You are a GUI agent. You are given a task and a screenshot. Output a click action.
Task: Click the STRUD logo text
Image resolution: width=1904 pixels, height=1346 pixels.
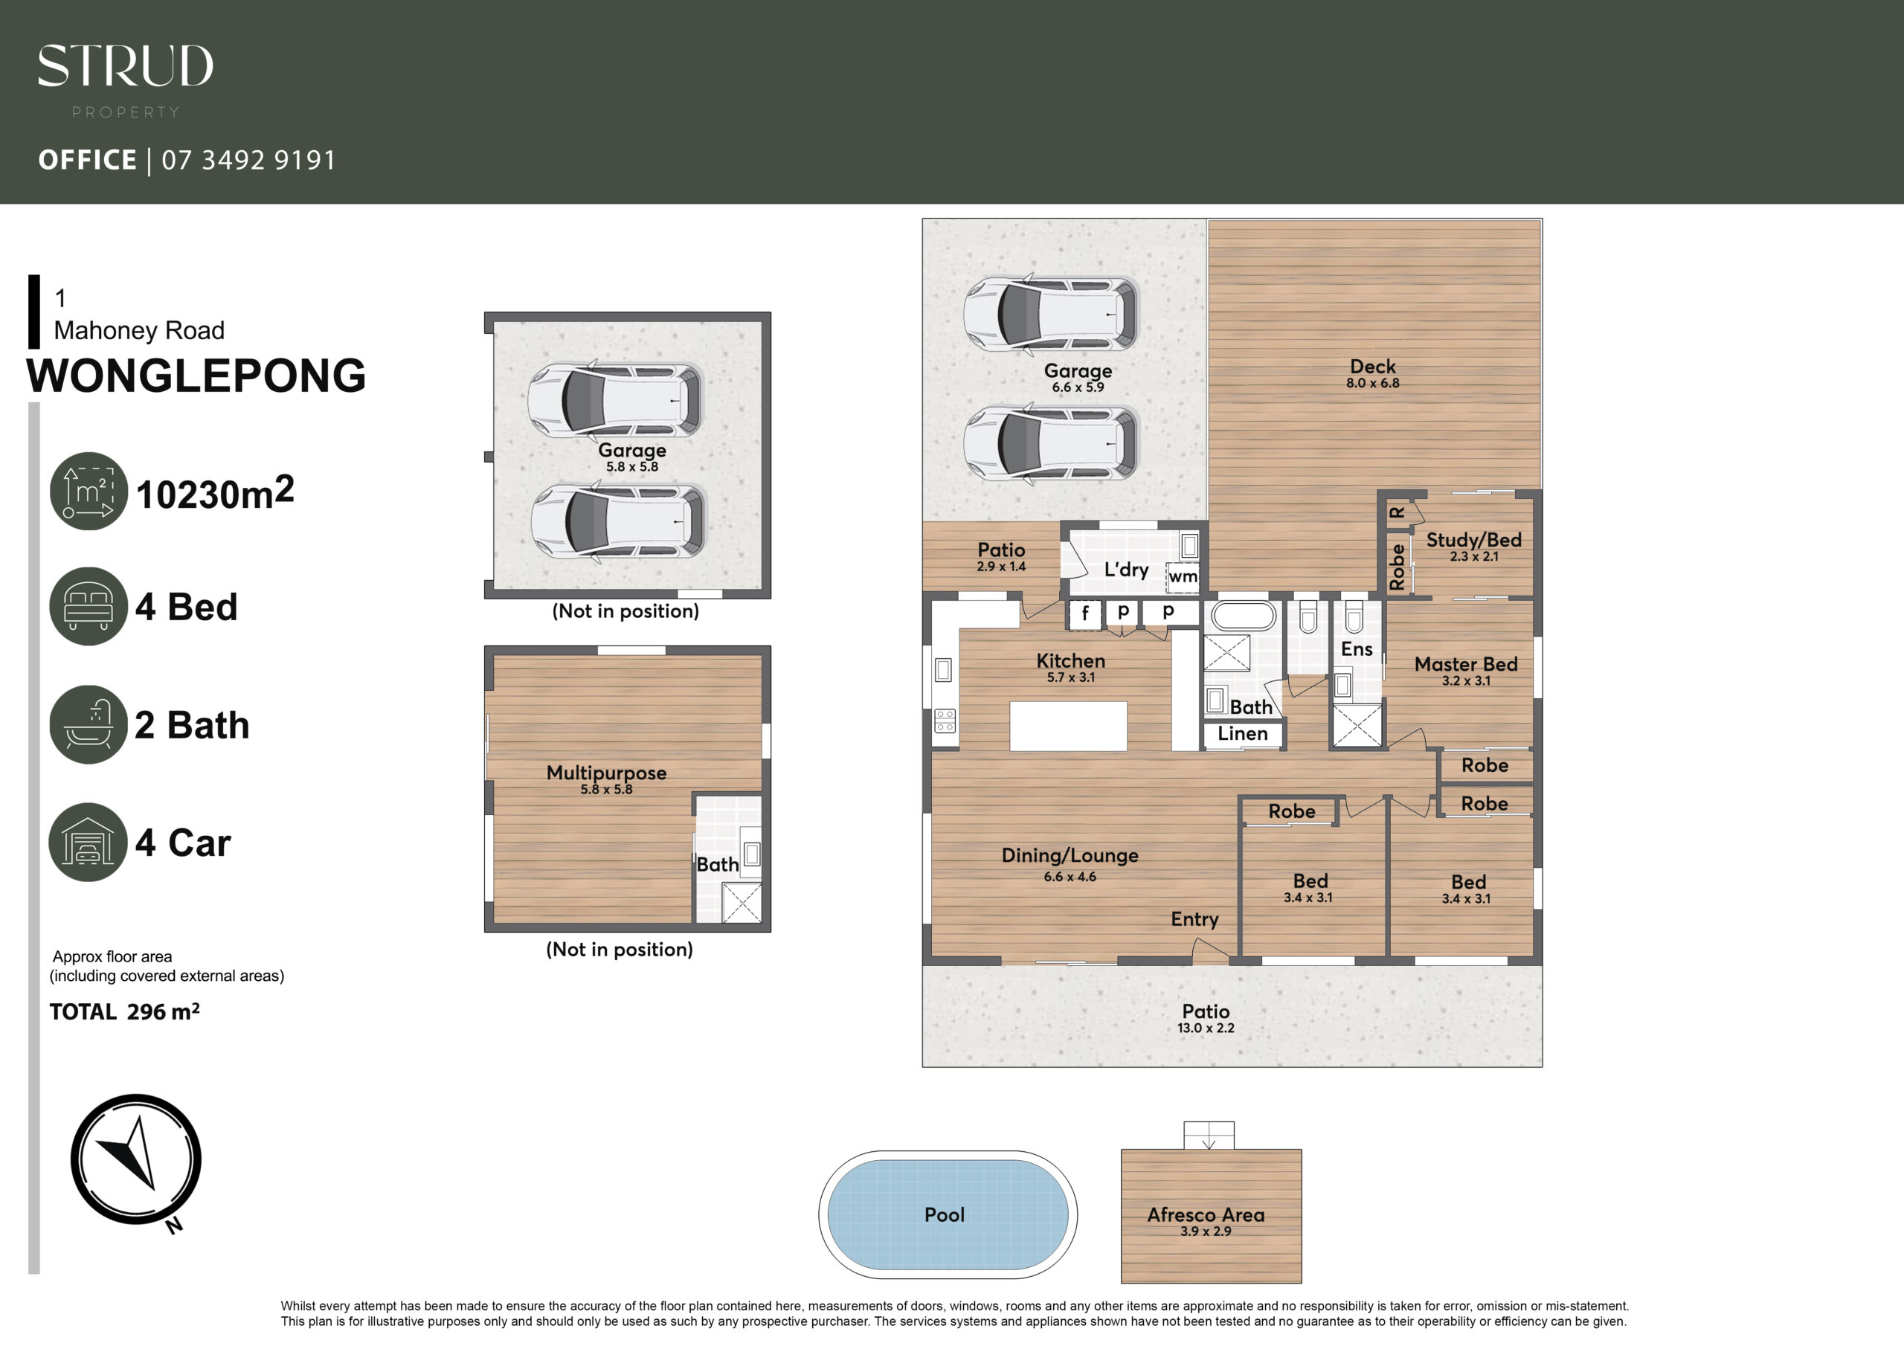click(125, 66)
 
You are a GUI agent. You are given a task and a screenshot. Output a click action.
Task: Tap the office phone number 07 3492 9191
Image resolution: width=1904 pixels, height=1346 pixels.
click(248, 159)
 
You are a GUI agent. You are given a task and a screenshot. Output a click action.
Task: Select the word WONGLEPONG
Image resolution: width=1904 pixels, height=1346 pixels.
click(196, 376)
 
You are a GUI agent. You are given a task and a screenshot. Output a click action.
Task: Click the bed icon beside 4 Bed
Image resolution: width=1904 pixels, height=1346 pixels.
click(89, 605)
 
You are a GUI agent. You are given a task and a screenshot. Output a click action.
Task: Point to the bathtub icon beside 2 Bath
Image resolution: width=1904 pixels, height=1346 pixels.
click(89, 724)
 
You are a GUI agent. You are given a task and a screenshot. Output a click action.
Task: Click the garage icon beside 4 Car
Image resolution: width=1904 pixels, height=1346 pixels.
click(89, 842)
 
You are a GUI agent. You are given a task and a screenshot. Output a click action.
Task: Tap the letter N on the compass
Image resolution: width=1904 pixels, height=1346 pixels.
click(174, 1225)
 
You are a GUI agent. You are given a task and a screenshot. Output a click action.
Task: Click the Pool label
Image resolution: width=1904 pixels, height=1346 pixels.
click(945, 1214)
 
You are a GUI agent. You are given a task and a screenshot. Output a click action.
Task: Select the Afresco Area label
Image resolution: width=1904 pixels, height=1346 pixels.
click(1206, 1214)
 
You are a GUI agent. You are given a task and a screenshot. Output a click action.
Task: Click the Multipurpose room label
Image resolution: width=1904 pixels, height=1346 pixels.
click(606, 773)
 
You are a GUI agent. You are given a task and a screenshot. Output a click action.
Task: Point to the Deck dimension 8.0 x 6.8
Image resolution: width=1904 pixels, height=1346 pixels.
click(1372, 383)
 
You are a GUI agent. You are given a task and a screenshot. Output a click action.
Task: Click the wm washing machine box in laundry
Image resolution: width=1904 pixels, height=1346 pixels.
click(1183, 576)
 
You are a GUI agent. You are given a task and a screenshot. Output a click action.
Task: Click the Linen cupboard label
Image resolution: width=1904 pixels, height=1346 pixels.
click(1242, 733)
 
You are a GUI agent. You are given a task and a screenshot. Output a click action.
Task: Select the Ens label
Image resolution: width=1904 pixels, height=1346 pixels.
click(1357, 649)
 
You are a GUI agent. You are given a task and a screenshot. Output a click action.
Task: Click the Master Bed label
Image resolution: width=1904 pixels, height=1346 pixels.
click(1466, 664)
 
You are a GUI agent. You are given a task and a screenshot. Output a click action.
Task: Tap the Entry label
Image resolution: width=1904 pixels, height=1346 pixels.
click(1194, 919)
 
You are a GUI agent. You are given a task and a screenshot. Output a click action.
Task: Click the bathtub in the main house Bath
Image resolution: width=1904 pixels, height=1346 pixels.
click(1243, 616)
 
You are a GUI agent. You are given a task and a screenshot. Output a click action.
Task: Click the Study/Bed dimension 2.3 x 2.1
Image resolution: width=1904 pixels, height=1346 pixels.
click(1473, 556)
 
